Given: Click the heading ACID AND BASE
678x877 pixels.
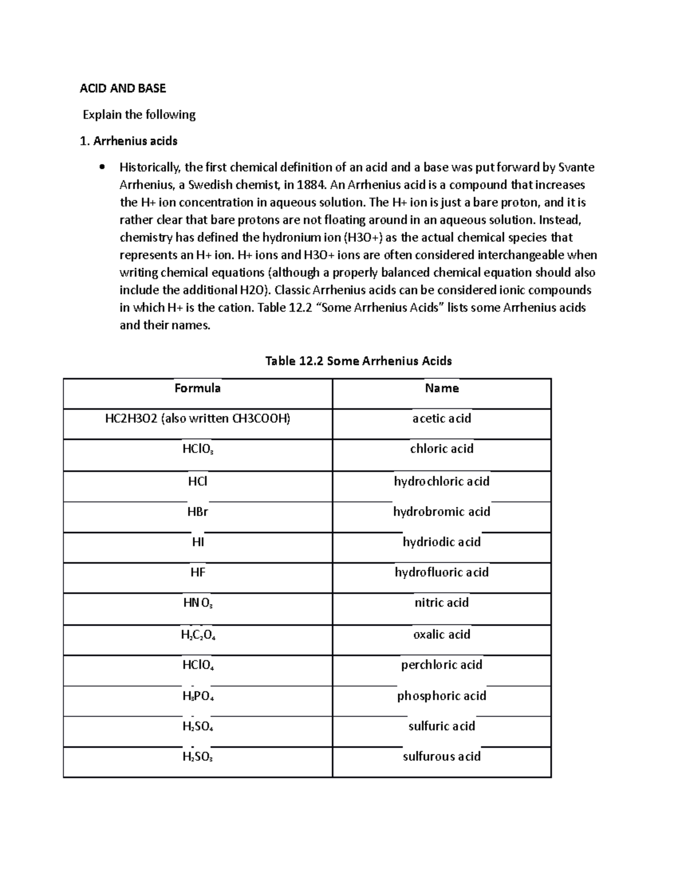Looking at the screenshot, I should (x=123, y=88).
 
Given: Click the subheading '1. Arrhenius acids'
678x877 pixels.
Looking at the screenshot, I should (x=129, y=141).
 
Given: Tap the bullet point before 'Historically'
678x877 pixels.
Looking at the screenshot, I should (x=102, y=167).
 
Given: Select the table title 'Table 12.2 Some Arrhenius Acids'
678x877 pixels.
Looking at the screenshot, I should (x=358, y=361).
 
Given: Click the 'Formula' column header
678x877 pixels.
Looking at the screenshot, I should (x=197, y=388).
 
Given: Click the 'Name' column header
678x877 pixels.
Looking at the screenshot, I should (x=441, y=388).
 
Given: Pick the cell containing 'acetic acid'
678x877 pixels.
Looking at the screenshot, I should (x=441, y=418).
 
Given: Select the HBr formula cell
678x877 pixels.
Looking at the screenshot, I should (x=197, y=512).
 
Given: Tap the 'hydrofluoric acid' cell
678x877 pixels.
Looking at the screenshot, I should (x=441, y=572).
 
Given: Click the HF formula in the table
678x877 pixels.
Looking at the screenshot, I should (x=197, y=572).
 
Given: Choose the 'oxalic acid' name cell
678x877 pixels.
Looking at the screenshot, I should (x=441, y=634).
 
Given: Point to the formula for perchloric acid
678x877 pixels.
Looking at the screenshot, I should (x=198, y=665).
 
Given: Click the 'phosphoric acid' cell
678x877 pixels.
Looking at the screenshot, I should (x=441, y=696).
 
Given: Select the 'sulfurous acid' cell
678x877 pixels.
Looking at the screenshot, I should (x=441, y=757).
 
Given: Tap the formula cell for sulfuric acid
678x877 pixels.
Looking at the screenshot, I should (x=198, y=727).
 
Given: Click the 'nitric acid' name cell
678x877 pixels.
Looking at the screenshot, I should (x=441, y=603).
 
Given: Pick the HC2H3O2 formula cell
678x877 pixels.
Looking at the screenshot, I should (x=197, y=418).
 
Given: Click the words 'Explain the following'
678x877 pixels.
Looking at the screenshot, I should (x=139, y=115).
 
